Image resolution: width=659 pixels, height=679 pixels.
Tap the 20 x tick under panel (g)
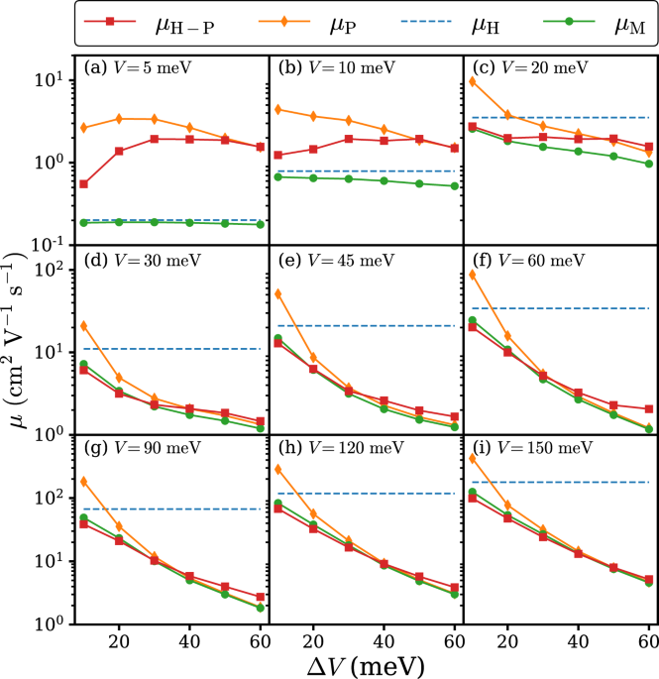click(119, 641)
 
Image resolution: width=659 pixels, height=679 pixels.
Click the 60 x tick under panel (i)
click(649, 641)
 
